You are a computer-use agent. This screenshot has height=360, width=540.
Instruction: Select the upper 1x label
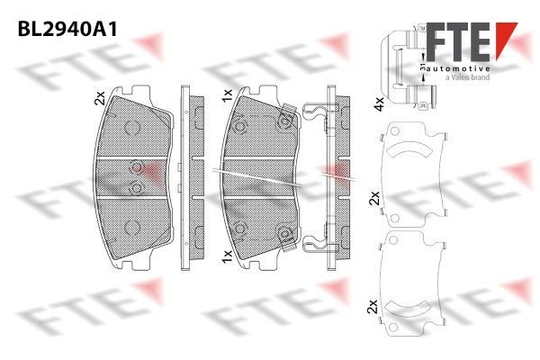(x=228, y=93)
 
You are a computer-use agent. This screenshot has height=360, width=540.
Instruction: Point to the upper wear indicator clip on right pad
(x=288, y=115)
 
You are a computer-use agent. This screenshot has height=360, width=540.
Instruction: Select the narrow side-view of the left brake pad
(x=186, y=175)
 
